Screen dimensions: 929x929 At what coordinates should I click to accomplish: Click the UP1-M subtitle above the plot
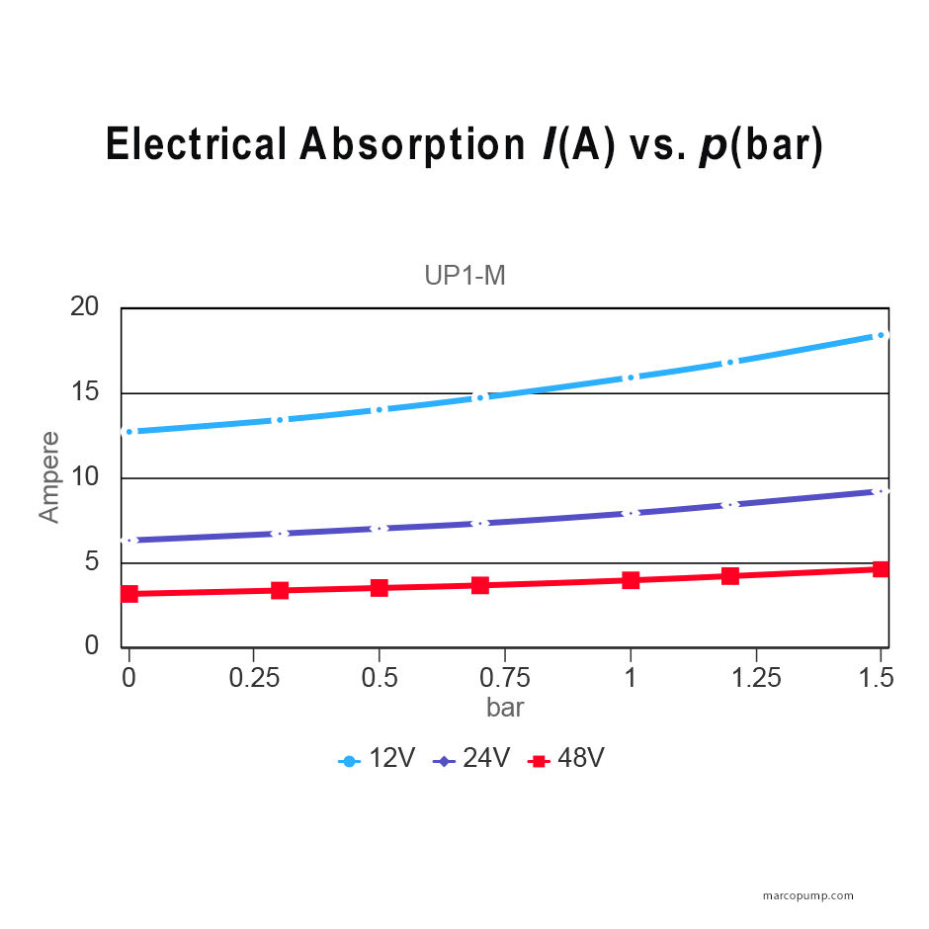(464, 276)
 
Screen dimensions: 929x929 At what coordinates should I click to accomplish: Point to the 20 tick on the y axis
(85, 307)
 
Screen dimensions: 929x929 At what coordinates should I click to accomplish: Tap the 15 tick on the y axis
(85, 392)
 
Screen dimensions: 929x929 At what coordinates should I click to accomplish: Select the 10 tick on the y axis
(85, 477)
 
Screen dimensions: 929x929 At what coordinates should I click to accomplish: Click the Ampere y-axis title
(49, 476)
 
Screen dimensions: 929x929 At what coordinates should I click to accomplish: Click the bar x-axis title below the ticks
(505, 708)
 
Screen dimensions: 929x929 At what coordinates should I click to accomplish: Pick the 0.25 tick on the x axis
(254, 678)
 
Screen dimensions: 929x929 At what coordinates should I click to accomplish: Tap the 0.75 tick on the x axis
(505, 678)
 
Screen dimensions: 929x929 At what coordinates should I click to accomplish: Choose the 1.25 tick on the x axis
(756, 678)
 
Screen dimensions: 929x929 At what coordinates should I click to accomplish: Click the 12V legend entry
(380, 759)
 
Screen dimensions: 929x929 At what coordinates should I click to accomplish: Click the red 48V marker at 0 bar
(128, 594)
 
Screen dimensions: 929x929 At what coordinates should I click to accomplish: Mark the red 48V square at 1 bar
(631, 580)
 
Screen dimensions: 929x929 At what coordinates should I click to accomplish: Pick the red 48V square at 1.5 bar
(881, 569)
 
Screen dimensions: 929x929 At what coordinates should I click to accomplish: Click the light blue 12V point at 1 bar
(631, 378)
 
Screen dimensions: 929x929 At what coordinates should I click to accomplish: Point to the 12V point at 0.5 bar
(380, 409)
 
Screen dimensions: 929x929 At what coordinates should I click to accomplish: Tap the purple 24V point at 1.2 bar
(730, 504)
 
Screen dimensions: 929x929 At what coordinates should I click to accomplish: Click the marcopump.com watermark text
(808, 896)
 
